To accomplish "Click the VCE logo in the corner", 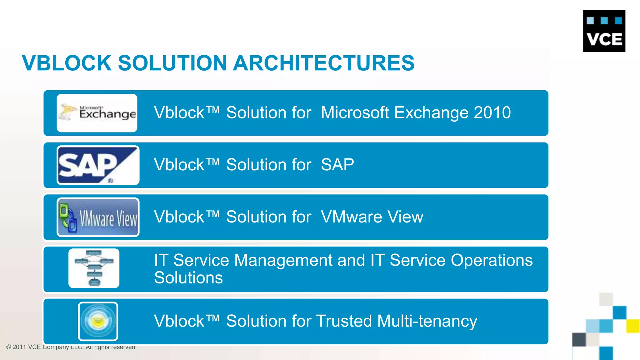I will pos(604,31).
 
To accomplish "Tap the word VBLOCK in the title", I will pos(67,63).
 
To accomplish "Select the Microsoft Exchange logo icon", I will pos(97,113).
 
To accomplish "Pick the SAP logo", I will pos(98,165).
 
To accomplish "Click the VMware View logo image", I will pos(98,217).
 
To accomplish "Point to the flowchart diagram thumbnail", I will pos(94,268).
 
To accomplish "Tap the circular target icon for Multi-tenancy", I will pos(98,321).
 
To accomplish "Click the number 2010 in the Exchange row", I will pos(492,112).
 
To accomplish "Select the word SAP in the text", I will pos(337,165).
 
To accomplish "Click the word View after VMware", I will pos(405,217).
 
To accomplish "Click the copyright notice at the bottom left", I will pos(71,347).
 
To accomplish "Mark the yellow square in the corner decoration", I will pos(633,326).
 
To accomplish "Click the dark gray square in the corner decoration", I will pos(579,339).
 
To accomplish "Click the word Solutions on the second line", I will pos(188,278).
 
